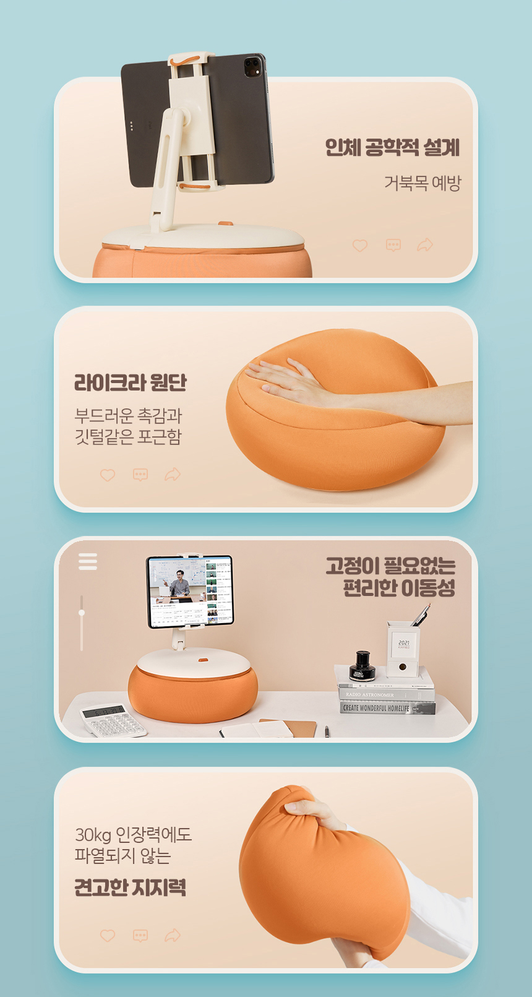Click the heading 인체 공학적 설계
(x=392, y=147)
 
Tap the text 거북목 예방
(x=423, y=183)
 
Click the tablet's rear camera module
(x=253, y=66)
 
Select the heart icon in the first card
(x=360, y=246)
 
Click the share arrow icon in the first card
(x=425, y=245)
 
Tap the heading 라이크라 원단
(x=130, y=382)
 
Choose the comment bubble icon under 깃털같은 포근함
(x=140, y=475)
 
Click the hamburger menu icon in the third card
(x=88, y=561)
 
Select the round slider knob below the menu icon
(x=82, y=613)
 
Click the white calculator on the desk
(x=113, y=720)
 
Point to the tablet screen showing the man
(x=190, y=591)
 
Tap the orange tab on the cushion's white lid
(x=202, y=660)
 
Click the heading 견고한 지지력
(x=130, y=887)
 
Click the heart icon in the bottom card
(x=108, y=935)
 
